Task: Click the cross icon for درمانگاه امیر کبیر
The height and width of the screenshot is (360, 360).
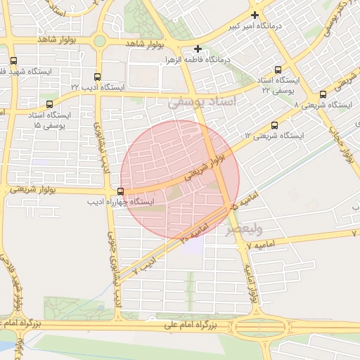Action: click(255, 15)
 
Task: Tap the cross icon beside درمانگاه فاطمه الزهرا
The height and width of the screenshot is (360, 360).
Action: click(199, 49)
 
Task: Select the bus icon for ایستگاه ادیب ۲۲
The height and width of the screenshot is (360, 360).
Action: click(97, 76)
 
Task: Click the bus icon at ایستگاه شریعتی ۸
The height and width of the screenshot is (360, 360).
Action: click(323, 94)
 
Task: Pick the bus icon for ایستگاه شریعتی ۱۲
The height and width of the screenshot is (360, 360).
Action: click(274, 125)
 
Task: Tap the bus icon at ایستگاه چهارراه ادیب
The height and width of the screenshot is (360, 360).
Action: click(121, 191)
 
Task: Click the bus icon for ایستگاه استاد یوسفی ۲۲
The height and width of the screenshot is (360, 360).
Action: click(278, 70)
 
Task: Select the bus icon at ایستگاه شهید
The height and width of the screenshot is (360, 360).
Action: click(13, 60)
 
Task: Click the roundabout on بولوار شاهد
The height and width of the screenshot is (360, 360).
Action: click(100, 41)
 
